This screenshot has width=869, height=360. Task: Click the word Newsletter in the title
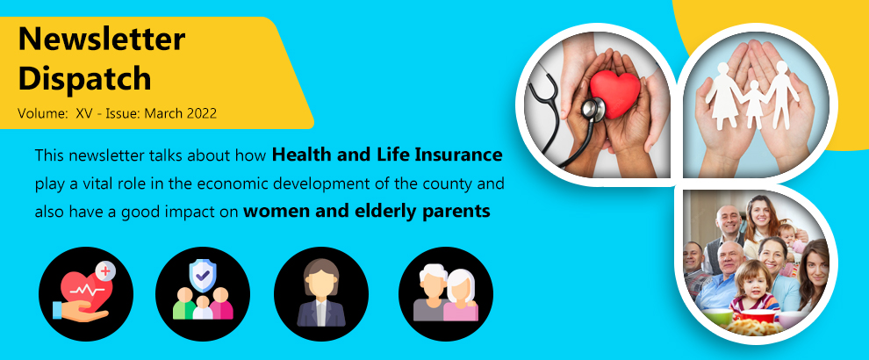(x=102, y=39)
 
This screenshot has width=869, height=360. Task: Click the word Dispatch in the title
(x=84, y=79)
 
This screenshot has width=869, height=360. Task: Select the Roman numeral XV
(x=86, y=113)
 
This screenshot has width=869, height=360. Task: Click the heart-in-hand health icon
(x=86, y=293)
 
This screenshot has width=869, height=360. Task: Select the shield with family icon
(x=203, y=293)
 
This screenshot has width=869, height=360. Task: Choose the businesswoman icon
(x=321, y=293)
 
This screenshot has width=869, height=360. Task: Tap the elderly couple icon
(x=446, y=293)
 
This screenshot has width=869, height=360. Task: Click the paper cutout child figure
(x=753, y=103)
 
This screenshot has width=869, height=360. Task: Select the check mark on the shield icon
(x=203, y=273)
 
